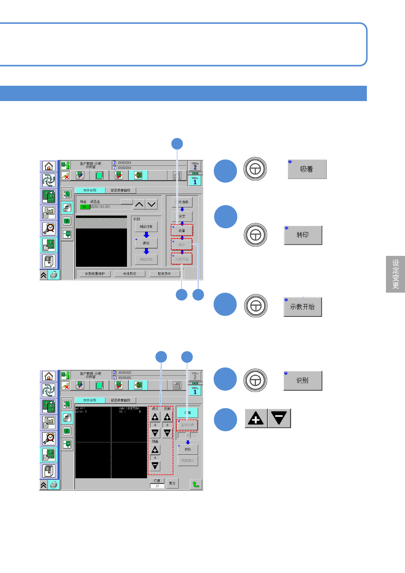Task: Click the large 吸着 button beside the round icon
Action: [x=307, y=169]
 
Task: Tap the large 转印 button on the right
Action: [x=303, y=235]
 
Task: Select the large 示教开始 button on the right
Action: [x=303, y=307]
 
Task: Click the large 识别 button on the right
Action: [x=303, y=381]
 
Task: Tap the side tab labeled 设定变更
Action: [x=395, y=274]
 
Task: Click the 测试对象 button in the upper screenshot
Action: [x=146, y=227]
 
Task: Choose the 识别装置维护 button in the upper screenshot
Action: [x=95, y=274]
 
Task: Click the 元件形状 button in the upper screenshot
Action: [x=130, y=274]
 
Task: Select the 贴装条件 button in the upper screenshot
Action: [x=164, y=274]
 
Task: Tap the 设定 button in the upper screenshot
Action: [x=182, y=216]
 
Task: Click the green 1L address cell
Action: [x=85, y=207]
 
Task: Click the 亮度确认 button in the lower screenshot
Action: [x=188, y=461]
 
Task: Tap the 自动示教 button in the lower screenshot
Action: [x=187, y=425]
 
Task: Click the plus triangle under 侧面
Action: [x=155, y=450]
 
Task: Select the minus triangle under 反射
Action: [x=167, y=433]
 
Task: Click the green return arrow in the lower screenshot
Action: [x=196, y=484]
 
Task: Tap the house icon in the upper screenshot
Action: [x=49, y=166]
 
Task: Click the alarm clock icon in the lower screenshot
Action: [x=49, y=438]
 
